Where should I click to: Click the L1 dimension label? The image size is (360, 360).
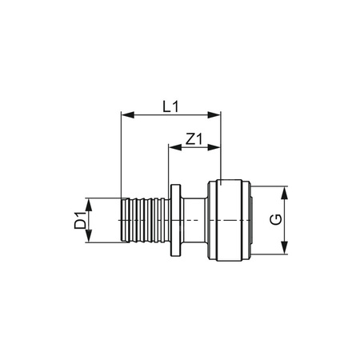pos(170,105)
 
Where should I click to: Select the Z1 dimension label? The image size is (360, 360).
pos(193,138)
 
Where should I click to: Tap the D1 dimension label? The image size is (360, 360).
pos(80,221)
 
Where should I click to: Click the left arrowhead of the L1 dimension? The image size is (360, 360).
pos(125,115)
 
